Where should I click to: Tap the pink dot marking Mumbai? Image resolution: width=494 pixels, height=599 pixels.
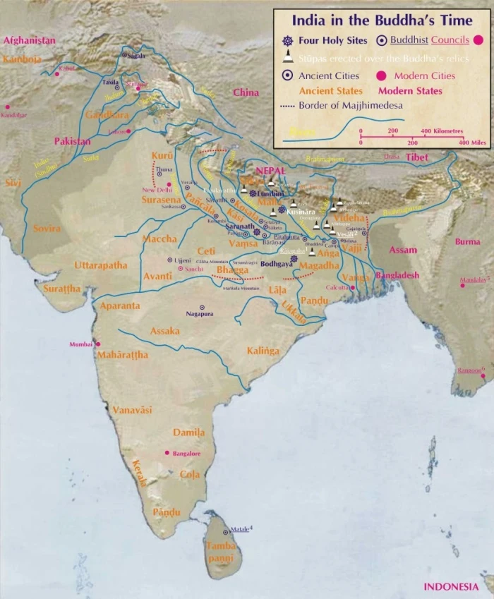[98, 344]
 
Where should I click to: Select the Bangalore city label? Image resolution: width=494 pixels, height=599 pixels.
[186, 454]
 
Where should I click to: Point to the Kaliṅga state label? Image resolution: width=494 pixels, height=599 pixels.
[263, 351]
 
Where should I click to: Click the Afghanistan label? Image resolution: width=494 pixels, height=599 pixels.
[29, 41]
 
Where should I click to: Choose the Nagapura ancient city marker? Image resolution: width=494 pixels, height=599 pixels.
[202, 307]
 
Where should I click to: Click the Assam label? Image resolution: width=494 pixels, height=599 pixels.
[402, 250]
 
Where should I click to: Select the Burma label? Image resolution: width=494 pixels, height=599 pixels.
[467, 241]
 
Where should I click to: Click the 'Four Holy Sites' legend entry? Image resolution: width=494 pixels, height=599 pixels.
[325, 40]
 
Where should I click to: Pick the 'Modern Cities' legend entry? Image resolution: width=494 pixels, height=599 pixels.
[424, 75]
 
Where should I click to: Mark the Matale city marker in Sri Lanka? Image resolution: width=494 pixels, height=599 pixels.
[226, 532]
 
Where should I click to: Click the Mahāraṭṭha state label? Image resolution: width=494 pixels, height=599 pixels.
[123, 355]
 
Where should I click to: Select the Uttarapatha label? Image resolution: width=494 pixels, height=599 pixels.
[101, 265]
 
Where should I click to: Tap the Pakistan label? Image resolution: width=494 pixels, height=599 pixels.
[73, 141]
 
